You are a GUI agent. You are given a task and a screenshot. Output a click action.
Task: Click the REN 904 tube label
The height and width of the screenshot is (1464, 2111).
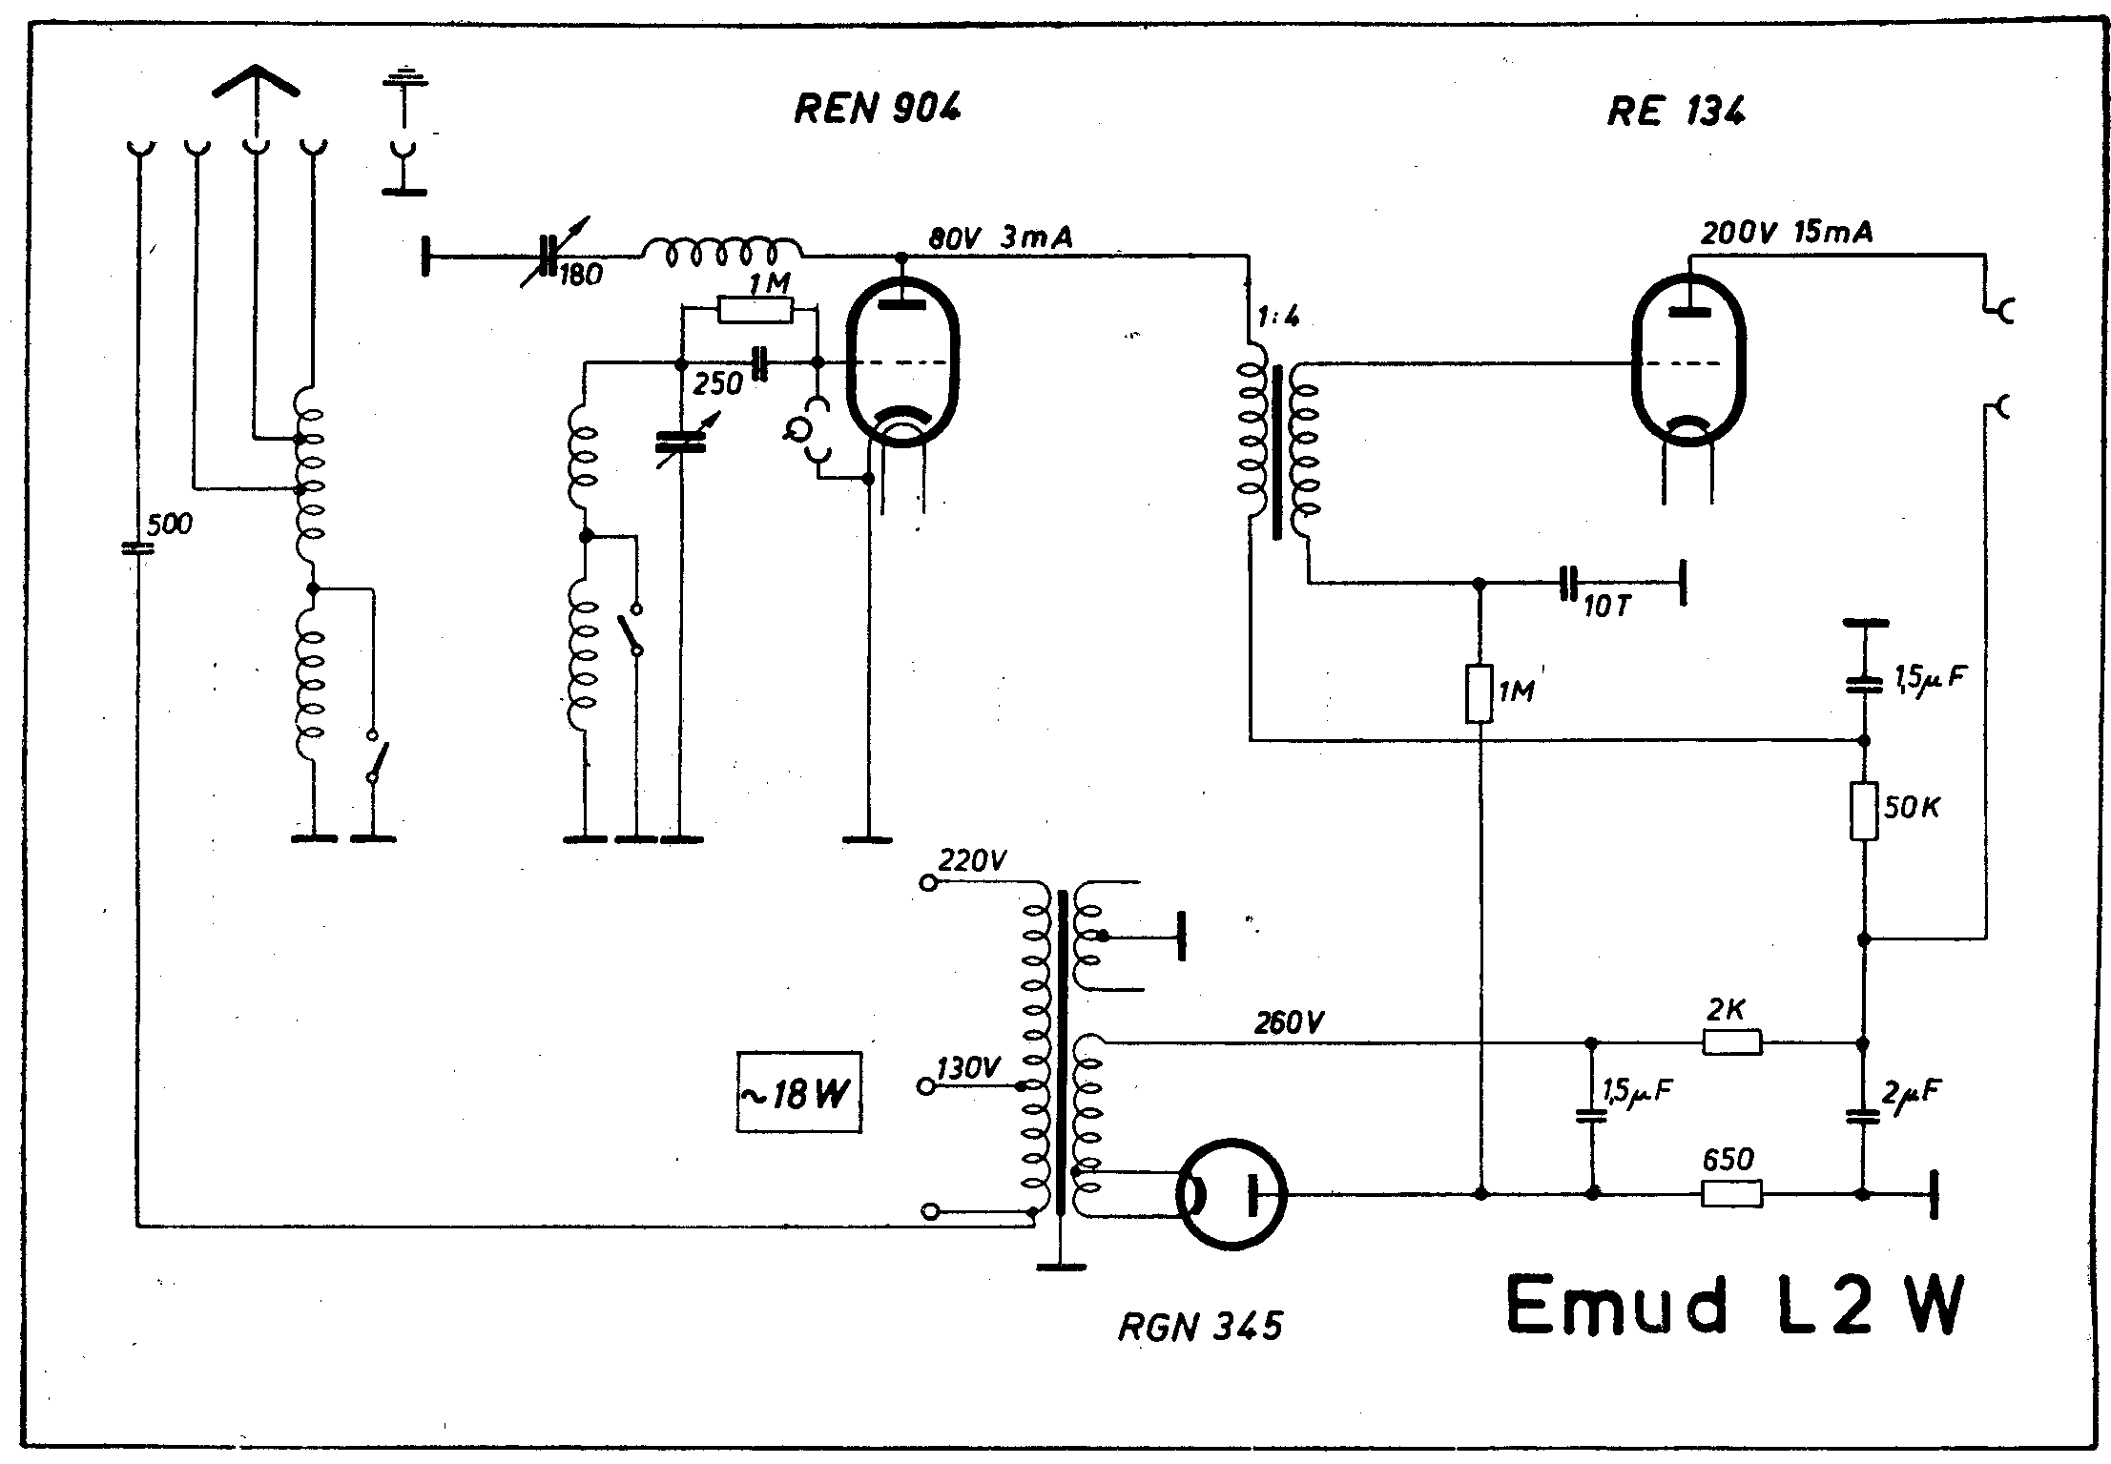pyautogui.click(x=877, y=109)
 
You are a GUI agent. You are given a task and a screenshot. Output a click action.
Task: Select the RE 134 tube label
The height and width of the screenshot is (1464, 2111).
pyautogui.click(x=1676, y=113)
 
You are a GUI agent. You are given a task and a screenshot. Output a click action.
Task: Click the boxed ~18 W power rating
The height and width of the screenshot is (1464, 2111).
pyautogui.click(x=798, y=1092)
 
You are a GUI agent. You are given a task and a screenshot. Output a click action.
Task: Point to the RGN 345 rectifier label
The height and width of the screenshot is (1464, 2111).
pyautogui.click(x=1200, y=1326)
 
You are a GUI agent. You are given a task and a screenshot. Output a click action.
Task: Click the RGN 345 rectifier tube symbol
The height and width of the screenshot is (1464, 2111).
pyautogui.click(x=1231, y=1193)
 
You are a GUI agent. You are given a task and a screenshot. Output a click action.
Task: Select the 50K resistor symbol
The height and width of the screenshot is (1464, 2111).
pyautogui.click(x=1864, y=811)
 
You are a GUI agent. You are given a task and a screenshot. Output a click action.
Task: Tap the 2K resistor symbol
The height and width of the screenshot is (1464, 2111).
pyautogui.click(x=1732, y=1043)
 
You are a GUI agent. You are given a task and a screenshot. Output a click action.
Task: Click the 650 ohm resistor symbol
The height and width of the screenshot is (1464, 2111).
pyautogui.click(x=1732, y=1193)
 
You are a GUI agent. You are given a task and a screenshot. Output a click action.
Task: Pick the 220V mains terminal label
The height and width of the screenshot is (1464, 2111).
pyautogui.click(x=972, y=861)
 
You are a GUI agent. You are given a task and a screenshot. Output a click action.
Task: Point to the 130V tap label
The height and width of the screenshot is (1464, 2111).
pyautogui.click(x=968, y=1068)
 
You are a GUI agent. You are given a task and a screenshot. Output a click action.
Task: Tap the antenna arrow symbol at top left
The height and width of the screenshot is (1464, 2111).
pyautogui.click(x=255, y=83)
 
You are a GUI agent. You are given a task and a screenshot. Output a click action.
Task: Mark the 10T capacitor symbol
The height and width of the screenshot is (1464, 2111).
pyautogui.click(x=1568, y=583)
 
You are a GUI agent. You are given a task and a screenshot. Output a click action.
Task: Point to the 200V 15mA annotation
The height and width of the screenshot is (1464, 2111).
pyautogui.click(x=1786, y=233)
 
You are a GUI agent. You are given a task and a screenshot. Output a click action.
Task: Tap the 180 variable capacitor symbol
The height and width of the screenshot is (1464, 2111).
pyautogui.click(x=548, y=256)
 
